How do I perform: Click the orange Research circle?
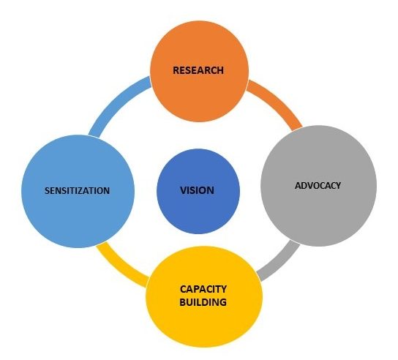tap(199, 71)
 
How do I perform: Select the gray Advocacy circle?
tap(318, 186)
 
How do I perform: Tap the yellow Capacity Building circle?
tap(204, 296)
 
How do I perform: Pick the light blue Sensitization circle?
tap(78, 191)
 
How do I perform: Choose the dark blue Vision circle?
tap(198, 191)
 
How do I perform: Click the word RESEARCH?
tap(198, 70)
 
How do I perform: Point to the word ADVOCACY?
tap(318, 186)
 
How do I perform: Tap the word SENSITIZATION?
tap(77, 191)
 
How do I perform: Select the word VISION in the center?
tap(198, 190)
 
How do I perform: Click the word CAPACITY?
tap(203, 289)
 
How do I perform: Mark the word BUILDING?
tap(203, 302)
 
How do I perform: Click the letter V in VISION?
tap(184, 190)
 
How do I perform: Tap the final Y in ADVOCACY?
tap(338, 186)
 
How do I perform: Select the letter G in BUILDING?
tap(222, 302)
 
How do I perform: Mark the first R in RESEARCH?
tap(176, 70)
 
